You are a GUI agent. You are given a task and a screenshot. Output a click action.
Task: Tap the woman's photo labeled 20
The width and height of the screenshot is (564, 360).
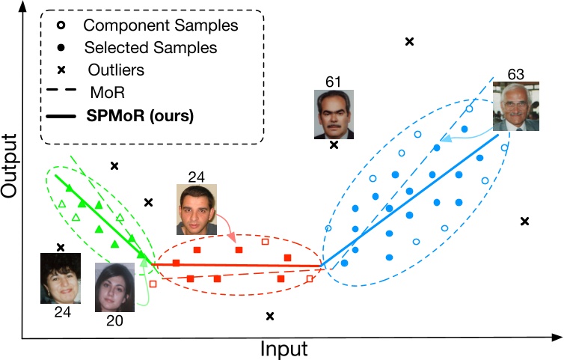(x=116, y=287)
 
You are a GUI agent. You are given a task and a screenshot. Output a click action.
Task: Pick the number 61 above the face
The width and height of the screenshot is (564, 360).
(x=332, y=81)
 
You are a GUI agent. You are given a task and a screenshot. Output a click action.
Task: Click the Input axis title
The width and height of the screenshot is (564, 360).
(x=283, y=348)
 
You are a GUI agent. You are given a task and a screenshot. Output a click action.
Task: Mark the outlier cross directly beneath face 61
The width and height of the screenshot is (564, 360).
(x=334, y=144)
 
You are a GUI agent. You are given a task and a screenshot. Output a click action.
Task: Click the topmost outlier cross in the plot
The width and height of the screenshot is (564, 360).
(x=409, y=41)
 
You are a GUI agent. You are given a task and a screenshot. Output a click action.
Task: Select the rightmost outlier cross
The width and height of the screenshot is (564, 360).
(x=524, y=221)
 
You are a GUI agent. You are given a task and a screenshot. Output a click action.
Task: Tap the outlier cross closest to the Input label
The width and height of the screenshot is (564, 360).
(x=270, y=316)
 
